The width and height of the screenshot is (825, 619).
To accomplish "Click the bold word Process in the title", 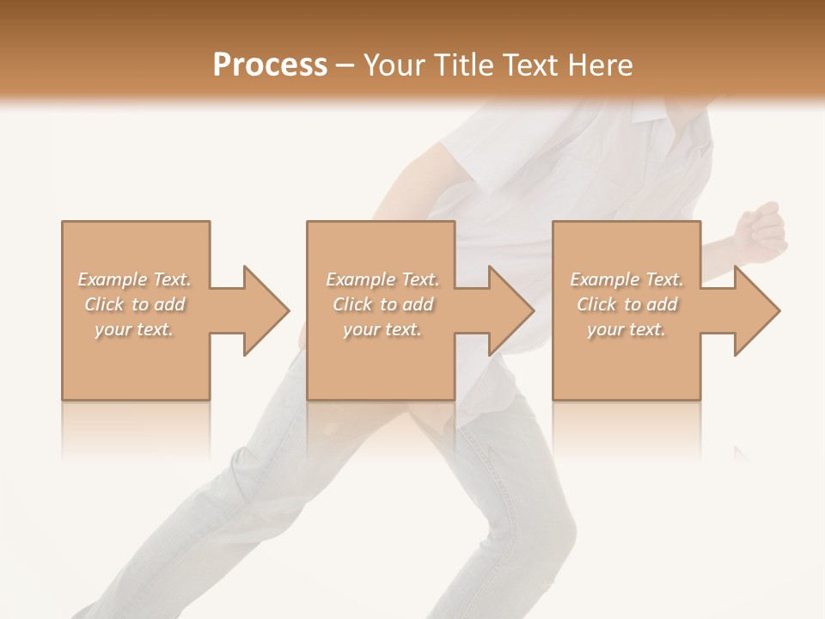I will click(x=270, y=65).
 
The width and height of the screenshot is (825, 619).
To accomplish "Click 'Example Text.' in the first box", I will click(x=135, y=279).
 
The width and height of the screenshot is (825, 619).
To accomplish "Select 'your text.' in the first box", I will click(x=135, y=329).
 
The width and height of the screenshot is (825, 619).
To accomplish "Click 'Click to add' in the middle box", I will click(x=382, y=304).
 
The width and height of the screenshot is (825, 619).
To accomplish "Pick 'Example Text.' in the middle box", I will click(x=382, y=279).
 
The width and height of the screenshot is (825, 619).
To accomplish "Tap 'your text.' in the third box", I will click(x=626, y=329).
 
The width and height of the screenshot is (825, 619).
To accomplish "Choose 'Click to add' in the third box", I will click(x=626, y=304).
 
